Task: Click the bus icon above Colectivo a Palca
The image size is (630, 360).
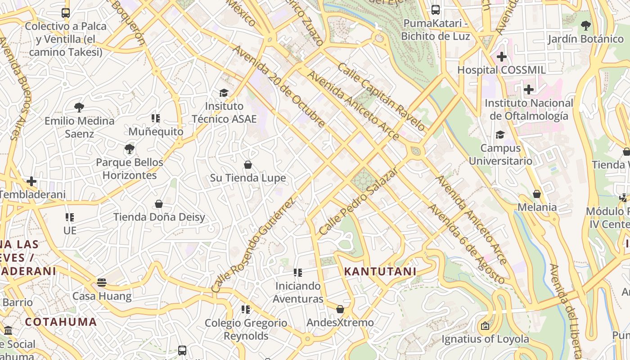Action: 66,13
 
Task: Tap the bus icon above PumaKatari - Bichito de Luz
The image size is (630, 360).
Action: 435,10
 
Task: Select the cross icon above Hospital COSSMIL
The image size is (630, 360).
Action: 501,57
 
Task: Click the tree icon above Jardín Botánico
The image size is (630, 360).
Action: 585,25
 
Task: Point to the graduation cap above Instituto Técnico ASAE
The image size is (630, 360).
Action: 224,93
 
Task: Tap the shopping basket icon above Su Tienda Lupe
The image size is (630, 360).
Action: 247,165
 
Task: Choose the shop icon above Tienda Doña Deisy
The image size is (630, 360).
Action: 158,204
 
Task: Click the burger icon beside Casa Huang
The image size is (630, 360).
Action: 102,283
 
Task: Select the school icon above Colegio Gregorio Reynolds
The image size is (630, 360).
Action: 245,310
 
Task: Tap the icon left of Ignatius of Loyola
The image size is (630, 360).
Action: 485,326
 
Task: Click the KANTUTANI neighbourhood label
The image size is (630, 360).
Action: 380,271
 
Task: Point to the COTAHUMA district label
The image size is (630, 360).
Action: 61,322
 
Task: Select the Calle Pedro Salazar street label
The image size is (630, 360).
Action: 358,202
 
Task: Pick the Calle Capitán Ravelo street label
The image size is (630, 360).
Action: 381,97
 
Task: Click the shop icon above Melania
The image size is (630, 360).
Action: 536,194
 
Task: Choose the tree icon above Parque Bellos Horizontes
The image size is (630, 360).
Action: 130,148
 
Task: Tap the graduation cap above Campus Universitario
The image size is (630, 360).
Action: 500,135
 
